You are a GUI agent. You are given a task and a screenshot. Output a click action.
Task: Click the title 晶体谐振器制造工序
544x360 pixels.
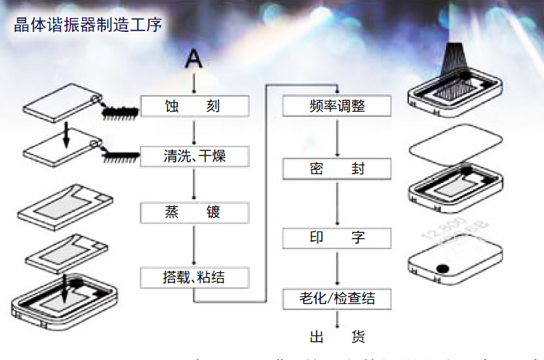[87, 25]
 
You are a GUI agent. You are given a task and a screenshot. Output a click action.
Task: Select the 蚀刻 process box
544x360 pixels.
[195, 107]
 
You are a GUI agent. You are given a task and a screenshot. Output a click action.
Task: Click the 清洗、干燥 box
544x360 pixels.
[195, 155]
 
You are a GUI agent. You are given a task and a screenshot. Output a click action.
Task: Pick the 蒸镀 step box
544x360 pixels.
[195, 213]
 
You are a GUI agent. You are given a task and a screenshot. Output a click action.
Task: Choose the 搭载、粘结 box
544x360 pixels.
[195, 277]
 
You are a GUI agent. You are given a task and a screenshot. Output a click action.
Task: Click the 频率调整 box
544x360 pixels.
[336, 106]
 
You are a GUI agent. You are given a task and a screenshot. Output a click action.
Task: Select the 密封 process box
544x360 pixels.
[336, 169]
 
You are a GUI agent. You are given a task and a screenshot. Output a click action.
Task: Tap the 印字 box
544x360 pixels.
[336, 237]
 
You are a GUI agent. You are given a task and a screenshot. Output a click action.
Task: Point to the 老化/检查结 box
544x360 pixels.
[336, 298]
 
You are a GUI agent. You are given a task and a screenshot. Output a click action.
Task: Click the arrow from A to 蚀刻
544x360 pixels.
[194, 83]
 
